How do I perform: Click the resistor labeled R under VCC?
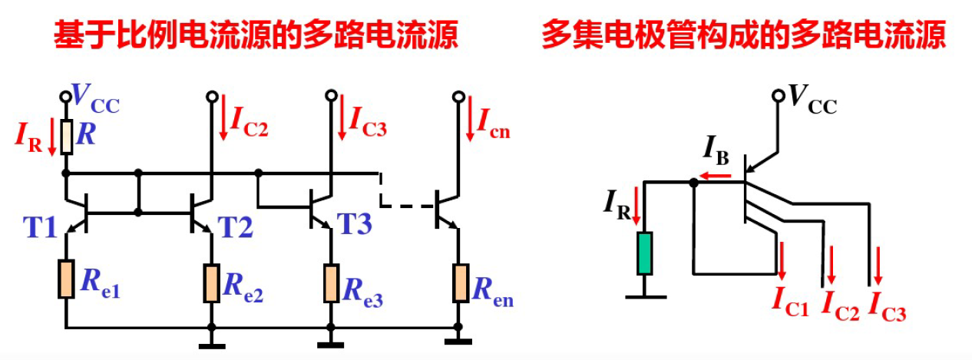click(67, 137)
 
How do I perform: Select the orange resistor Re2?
click(211, 282)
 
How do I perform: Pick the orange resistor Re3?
click(331, 282)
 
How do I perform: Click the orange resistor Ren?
click(459, 282)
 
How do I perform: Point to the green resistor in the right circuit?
click(643, 253)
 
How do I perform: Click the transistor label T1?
click(39, 226)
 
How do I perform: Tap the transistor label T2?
click(236, 226)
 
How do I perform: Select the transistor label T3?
click(355, 224)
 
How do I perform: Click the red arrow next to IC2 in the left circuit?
click(223, 117)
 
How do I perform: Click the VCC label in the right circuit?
click(812, 97)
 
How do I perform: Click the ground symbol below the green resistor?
click(643, 294)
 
